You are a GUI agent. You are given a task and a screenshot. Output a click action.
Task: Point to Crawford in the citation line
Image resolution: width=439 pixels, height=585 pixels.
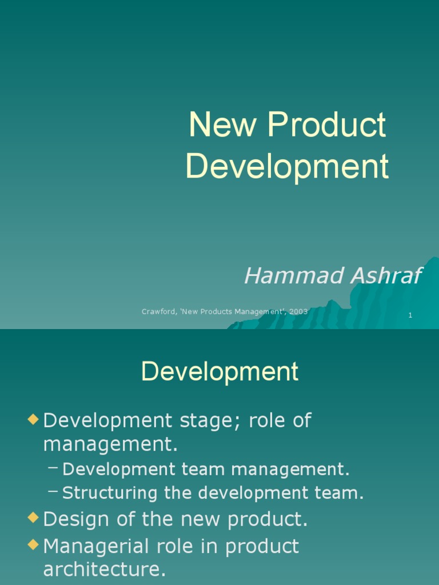click(x=158, y=312)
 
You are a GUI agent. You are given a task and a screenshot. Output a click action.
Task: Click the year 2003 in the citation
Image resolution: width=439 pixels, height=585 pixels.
click(x=298, y=312)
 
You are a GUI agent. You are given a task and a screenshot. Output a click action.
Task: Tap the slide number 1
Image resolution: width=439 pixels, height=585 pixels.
click(x=410, y=315)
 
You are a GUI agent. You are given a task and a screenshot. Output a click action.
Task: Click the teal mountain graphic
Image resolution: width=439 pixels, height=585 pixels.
click(x=366, y=303)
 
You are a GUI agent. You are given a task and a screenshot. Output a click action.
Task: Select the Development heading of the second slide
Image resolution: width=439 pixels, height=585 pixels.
click(x=219, y=371)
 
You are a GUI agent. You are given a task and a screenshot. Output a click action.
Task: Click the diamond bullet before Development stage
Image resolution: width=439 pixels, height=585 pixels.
click(x=33, y=420)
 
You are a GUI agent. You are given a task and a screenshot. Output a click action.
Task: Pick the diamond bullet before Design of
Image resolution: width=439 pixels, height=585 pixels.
click(x=33, y=519)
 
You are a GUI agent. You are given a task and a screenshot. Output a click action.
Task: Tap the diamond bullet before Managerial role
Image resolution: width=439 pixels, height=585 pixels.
click(x=33, y=546)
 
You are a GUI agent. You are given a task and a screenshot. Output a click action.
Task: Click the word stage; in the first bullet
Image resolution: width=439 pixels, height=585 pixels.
click(x=197, y=421)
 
